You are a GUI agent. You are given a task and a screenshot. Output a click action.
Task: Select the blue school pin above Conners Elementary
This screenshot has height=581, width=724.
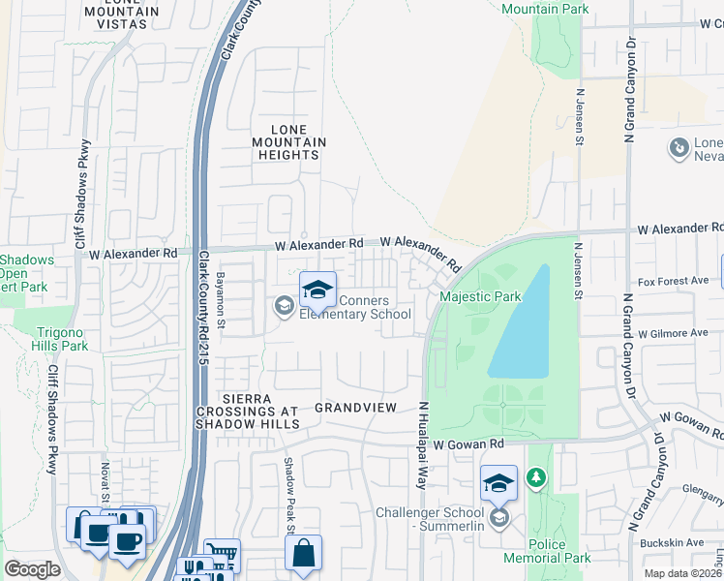(317, 290)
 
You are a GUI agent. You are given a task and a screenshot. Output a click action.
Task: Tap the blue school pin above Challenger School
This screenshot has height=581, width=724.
(498, 482)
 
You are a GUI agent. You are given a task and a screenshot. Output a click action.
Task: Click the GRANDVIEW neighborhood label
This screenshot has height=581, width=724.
(355, 408)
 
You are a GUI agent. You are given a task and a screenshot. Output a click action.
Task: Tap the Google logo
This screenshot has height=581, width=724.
(32, 569)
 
